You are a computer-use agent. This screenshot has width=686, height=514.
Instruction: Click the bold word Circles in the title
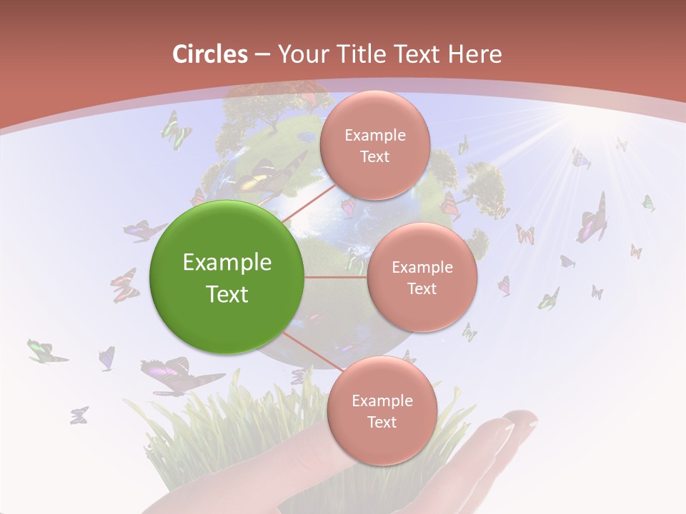[x=209, y=54]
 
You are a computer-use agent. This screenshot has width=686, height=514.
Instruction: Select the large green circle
[x=227, y=277]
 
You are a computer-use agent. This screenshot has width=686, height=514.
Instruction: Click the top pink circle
[x=374, y=146]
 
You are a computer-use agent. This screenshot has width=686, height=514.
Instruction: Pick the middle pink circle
[x=422, y=277]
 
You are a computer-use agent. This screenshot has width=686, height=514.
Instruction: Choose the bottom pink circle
[x=381, y=410]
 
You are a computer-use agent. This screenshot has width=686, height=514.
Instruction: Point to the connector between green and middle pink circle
[x=335, y=277]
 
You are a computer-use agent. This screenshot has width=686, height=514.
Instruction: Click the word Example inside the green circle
[x=227, y=262]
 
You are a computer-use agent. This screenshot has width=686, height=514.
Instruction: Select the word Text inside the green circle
[x=227, y=294]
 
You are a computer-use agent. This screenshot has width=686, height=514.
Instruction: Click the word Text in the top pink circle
[x=374, y=157]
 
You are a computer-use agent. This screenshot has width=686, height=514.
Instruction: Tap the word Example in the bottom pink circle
[x=382, y=400]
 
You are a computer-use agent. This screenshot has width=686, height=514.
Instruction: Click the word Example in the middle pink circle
[x=422, y=267]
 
